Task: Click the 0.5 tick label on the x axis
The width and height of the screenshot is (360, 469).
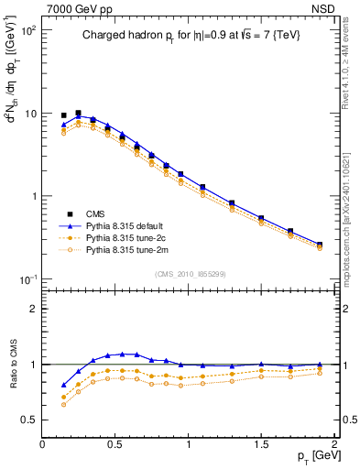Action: pyautogui.click(x=115, y=442)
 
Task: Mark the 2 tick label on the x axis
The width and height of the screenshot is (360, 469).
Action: pyautogui.click(x=334, y=442)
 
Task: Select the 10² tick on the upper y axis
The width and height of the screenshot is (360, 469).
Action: pyautogui.click(x=27, y=31)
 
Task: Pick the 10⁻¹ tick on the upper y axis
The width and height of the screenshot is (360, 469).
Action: pyautogui.click(x=27, y=279)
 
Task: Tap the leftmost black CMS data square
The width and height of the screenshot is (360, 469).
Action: pyautogui.click(x=64, y=115)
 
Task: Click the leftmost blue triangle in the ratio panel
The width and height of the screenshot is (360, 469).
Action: pyautogui.click(x=64, y=385)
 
